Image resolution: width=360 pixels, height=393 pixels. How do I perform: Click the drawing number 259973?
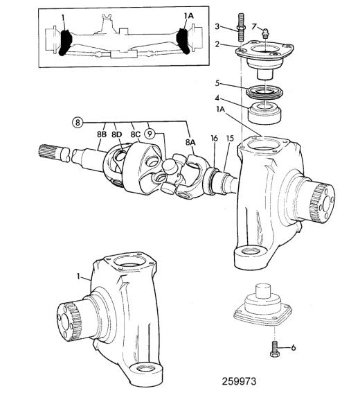(239, 381)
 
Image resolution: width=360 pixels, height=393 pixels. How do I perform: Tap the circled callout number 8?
(78, 122)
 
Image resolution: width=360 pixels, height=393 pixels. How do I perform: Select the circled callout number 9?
(150, 134)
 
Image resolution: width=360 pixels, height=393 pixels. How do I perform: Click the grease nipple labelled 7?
(265, 33)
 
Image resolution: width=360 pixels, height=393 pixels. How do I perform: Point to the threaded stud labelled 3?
(240, 28)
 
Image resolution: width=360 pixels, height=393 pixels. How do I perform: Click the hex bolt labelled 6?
(275, 349)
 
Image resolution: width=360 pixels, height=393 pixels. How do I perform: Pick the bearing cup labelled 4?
(264, 112)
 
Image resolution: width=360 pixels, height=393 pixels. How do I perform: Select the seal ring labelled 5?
(264, 92)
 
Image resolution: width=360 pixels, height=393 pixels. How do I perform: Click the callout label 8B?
(102, 134)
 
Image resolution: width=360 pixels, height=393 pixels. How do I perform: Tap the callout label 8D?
(116, 134)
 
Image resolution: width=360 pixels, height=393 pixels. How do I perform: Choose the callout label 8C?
(136, 134)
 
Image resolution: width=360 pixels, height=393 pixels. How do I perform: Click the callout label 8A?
(190, 142)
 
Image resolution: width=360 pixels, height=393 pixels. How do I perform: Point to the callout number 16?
(214, 139)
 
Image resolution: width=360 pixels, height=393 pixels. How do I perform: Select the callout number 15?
(230, 139)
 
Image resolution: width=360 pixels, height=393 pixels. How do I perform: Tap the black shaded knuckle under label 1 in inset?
(65, 42)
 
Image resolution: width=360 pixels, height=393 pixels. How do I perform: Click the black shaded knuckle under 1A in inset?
(183, 41)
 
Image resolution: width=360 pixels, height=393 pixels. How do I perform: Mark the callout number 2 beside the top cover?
(217, 44)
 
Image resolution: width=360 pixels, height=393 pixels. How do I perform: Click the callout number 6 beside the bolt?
(293, 347)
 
